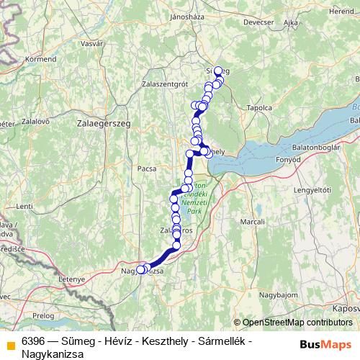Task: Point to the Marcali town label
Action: tap(253, 222)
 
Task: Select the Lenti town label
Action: tap(24, 206)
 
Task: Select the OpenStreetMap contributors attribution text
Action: tap(296, 323)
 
